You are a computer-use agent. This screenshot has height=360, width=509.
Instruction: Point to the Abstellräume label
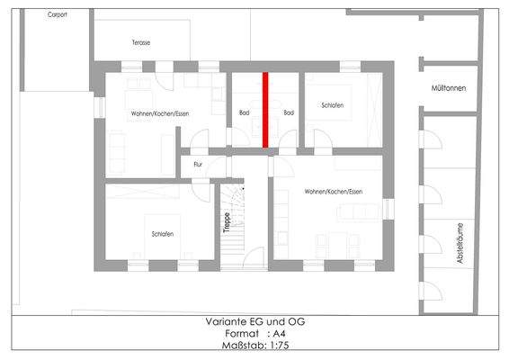pyautogui.click(x=461, y=244)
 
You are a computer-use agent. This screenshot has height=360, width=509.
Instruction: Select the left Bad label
pyautogui.click(x=244, y=113)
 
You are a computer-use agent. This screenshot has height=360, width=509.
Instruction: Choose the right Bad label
pyautogui.click(x=289, y=113)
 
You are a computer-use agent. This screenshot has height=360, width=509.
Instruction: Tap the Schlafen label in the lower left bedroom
pyautogui.click(x=163, y=234)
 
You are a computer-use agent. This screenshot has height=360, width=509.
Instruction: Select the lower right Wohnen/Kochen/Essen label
pyautogui.click(x=332, y=193)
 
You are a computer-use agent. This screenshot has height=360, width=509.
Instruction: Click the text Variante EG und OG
pyautogui.click(x=254, y=321)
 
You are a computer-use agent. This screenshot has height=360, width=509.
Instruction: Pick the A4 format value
pyautogui.click(x=281, y=334)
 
